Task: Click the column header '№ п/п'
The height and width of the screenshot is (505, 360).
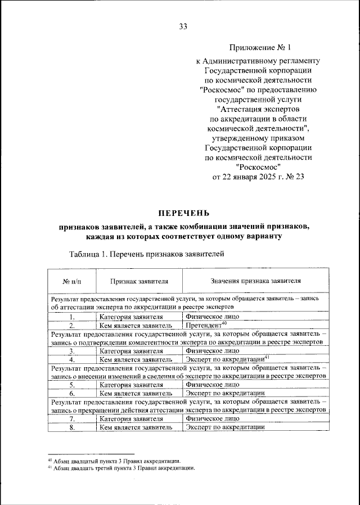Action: [x=72, y=281]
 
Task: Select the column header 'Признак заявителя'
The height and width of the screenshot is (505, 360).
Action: [x=139, y=281]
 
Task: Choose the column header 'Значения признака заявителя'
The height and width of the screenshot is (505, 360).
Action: [x=256, y=281]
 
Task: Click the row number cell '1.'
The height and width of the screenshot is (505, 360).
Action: [x=72, y=317]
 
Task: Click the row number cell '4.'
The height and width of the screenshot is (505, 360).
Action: [x=72, y=359]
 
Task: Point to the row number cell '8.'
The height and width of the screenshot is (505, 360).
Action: [x=72, y=427]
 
